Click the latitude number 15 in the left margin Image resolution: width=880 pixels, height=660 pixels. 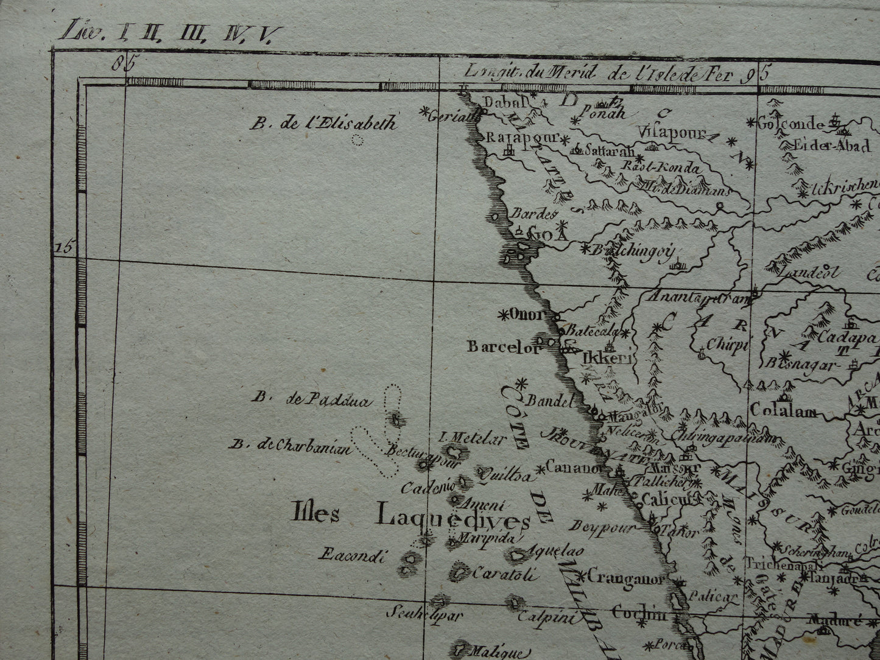64,247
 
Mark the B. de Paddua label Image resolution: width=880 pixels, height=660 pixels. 311,399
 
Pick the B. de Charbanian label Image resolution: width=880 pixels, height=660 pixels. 290,446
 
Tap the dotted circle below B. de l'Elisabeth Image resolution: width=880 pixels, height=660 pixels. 358,141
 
